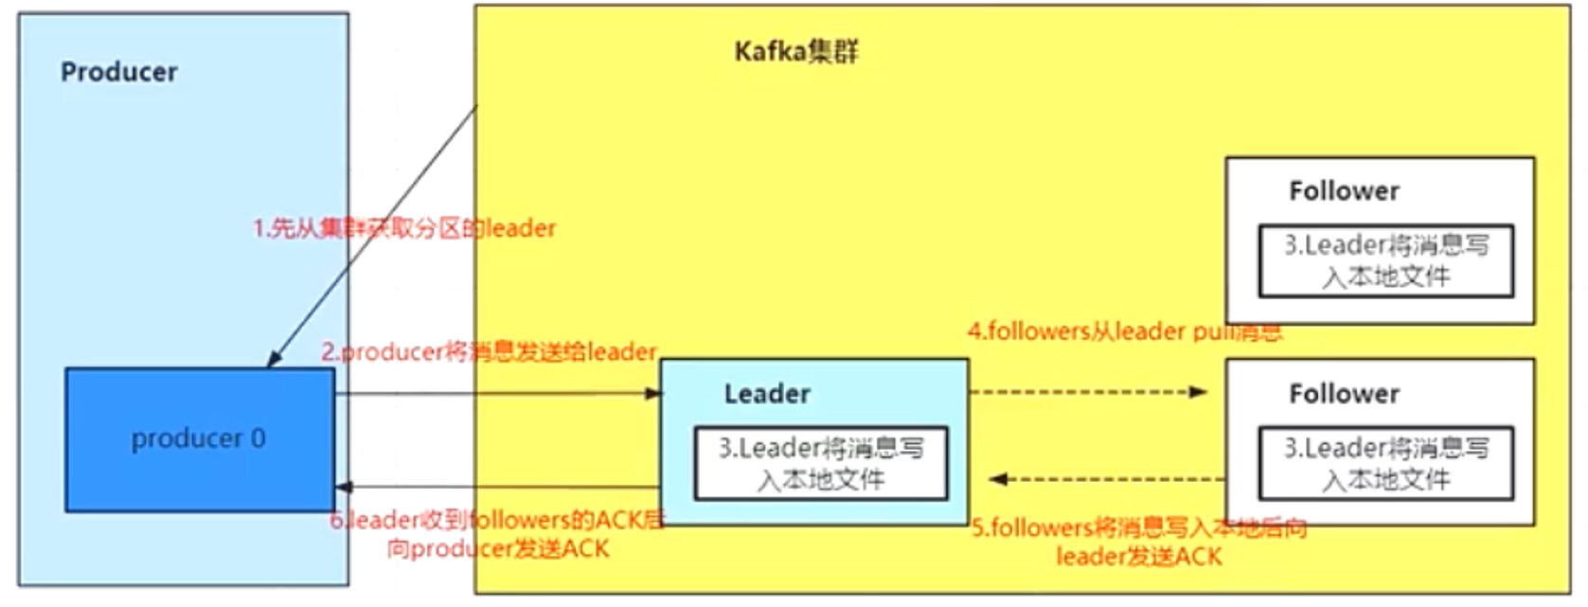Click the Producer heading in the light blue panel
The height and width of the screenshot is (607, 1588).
pos(118,72)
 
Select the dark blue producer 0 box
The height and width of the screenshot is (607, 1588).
pos(199,439)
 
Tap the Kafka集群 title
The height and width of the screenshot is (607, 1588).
pos(795,51)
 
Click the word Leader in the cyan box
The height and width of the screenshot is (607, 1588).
pos(767,394)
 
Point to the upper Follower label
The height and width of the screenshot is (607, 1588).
pos(1344,191)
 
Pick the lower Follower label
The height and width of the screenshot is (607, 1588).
pos(1344,394)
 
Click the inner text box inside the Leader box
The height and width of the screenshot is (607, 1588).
pos(820,464)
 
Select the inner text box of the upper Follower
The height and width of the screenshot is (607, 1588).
pos(1385,261)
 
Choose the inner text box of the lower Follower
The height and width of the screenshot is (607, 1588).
pos(1385,464)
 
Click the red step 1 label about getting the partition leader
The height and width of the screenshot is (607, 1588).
pos(404,228)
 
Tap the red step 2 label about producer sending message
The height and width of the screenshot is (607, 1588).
pos(489,352)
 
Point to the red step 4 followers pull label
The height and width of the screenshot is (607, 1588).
pos(1124,331)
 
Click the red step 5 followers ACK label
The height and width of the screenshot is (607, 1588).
pos(1139,542)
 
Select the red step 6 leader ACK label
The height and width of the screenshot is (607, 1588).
pos(497,534)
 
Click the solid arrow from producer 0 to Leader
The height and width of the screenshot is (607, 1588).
pos(497,393)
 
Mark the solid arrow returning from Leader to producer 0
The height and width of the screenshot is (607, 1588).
pos(497,487)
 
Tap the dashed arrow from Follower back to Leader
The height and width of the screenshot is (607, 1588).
pos(1108,479)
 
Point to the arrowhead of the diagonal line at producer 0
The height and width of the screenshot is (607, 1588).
pos(274,360)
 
